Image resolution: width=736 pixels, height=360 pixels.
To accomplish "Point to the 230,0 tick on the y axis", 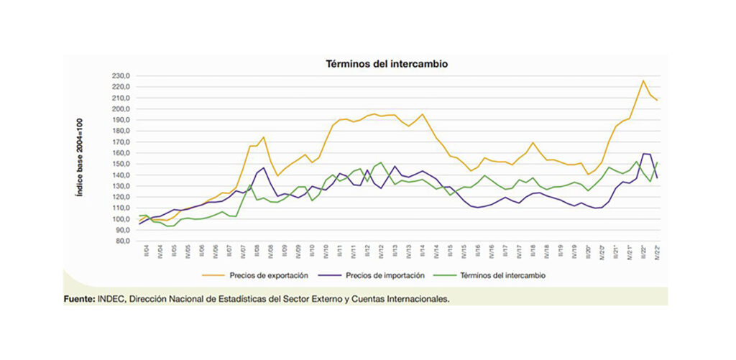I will (119, 76).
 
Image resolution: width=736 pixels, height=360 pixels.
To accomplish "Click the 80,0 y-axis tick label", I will (120, 241).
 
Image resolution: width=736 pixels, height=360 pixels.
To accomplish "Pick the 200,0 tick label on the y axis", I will (119, 109).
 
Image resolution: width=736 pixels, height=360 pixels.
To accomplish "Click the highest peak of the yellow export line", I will (643, 80).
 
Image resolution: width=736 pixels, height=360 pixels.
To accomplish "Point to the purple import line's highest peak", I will (644, 153).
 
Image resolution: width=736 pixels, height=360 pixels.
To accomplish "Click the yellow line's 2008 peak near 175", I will (264, 137).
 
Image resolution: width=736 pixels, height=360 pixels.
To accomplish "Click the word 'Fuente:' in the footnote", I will (78, 299).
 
